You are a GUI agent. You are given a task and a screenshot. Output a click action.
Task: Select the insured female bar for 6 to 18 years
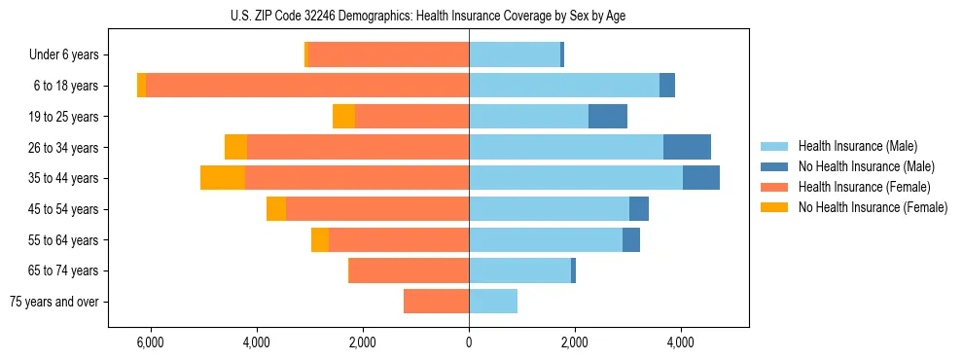(306, 86)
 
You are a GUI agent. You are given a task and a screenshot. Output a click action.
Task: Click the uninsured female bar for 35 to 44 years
(222, 178)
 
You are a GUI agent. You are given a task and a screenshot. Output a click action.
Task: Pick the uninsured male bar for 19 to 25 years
(608, 117)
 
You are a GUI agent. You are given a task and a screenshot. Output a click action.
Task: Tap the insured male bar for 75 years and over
(493, 302)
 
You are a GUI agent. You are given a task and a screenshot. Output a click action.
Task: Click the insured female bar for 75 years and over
(436, 302)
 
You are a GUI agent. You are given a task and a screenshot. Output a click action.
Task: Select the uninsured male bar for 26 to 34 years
(687, 147)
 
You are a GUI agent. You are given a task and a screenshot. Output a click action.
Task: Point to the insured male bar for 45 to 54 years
(549, 209)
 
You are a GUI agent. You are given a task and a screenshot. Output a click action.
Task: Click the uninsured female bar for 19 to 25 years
(343, 117)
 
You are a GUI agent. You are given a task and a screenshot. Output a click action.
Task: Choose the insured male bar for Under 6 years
(515, 55)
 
